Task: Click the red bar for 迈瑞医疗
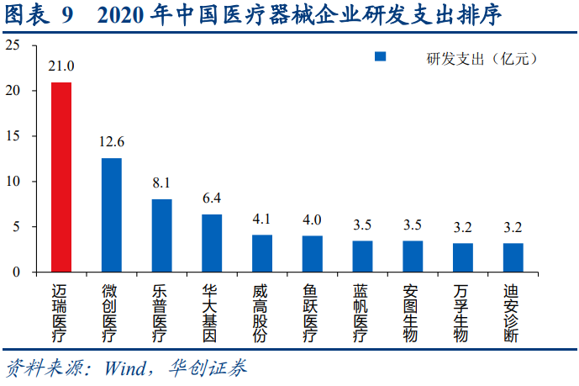(x=61, y=177)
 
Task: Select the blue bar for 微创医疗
(x=112, y=214)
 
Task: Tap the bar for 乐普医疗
(x=161, y=235)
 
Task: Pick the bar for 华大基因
(x=212, y=243)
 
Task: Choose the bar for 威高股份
(x=262, y=253)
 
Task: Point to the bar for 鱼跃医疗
(x=312, y=254)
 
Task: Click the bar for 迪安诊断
(x=513, y=257)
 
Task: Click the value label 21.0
(x=61, y=66)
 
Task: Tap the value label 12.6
(x=111, y=141)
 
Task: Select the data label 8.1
(x=161, y=182)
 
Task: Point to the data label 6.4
(x=212, y=198)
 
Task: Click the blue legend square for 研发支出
(x=380, y=57)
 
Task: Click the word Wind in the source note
(x=125, y=368)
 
